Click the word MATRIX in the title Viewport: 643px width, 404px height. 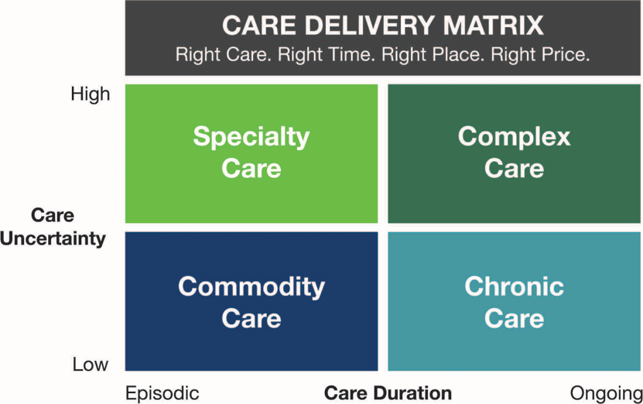click(x=494, y=26)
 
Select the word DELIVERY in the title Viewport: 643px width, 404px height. click(x=370, y=26)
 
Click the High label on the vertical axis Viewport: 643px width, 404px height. click(x=91, y=94)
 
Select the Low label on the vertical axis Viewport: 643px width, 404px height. click(x=91, y=365)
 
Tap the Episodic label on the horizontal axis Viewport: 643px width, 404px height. click(x=162, y=394)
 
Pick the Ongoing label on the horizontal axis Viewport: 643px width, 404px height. click(x=607, y=394)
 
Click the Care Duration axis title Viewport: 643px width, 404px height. click(x=388, y=393)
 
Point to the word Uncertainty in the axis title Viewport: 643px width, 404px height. click(x=53, y=238)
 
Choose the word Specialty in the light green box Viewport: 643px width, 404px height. click(x=251, y=137)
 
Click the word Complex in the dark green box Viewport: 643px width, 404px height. click(x=515, y=136)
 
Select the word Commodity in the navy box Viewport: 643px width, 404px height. click(x=251, y=286)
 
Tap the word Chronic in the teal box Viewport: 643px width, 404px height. click(x=515, y=286)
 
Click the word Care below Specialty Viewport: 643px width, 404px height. click(x=251, y=169)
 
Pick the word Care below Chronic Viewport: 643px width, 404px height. click(x=515, y=318)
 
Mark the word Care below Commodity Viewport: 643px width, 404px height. click(x=251, y=318)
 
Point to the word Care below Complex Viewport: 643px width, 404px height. click(x=515, y=169)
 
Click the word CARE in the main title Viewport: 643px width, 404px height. click(x=259, y=26)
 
